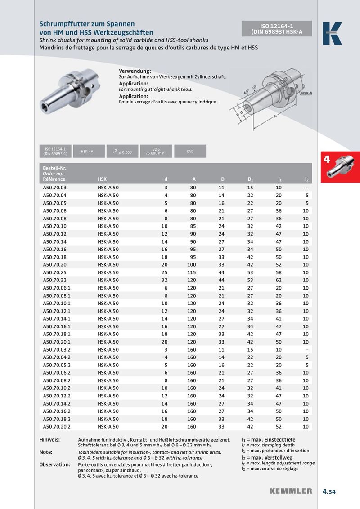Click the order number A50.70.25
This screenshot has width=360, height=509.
pos(54,272)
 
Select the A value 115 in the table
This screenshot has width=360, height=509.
pos(191,272)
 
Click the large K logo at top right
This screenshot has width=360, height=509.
pos(332,33)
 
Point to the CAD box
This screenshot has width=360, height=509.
pos(190,152)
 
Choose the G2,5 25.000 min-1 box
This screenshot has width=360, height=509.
pos(156,152)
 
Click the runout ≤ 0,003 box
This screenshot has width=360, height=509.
pos(121,152)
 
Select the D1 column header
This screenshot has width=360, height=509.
pos(250,179)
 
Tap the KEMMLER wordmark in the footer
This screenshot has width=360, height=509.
pos(290,491)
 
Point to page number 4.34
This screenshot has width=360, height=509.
pos(329,491)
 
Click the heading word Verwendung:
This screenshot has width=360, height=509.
pos(135,71)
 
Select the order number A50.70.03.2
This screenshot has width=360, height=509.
pos(57,349)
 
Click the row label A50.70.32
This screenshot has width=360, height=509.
pos(54,280)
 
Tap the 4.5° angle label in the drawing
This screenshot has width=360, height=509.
pos(246,92)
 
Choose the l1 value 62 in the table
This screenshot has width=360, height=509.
pos(279,280)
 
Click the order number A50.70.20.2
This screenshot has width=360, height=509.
pos(57,426)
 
